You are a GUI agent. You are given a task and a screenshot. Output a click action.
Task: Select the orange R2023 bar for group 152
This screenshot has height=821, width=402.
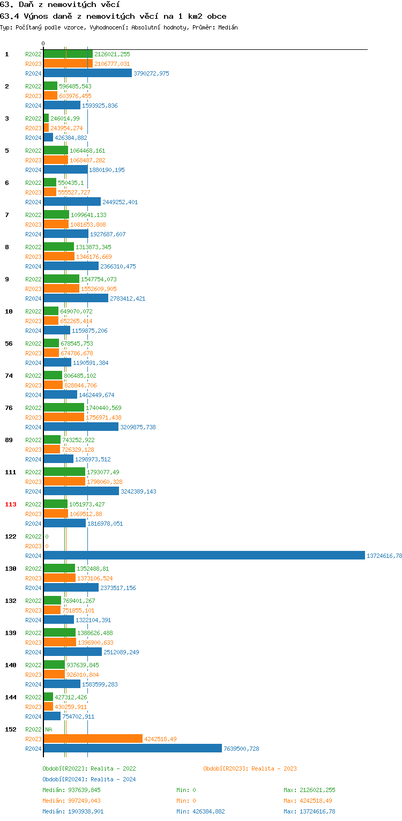[93, 739]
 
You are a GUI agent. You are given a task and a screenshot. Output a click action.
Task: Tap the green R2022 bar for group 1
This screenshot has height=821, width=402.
[68, 54]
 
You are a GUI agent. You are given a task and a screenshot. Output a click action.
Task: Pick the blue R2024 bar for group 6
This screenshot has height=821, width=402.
[72, 202]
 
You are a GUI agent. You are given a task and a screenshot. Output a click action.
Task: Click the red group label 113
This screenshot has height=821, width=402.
[11, 504]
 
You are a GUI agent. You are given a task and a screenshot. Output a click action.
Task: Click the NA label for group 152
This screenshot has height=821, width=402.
[48, 729]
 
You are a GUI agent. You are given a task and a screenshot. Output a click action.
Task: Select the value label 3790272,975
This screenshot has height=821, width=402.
[151, 73]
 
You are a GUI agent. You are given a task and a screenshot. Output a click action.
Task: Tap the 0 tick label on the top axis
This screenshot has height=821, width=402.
[43, 44]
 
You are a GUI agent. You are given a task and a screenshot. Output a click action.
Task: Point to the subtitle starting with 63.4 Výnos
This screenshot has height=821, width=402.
[113, 16]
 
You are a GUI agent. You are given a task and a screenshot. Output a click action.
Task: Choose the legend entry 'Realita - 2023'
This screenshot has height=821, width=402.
[250, 768]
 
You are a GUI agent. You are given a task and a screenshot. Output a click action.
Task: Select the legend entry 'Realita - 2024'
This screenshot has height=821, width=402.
[89, 779]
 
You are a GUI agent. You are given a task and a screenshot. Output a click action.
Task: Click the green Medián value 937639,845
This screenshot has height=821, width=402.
[71, 790]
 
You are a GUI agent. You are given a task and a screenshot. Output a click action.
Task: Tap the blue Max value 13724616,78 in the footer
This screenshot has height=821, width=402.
[309, 811]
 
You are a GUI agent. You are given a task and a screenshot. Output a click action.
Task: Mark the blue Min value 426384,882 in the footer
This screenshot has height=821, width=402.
[200, 811]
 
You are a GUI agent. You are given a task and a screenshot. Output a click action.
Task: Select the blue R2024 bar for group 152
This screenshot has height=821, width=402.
[132, 749]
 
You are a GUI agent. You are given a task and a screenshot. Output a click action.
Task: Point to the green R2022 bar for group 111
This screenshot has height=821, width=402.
[64, 472]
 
